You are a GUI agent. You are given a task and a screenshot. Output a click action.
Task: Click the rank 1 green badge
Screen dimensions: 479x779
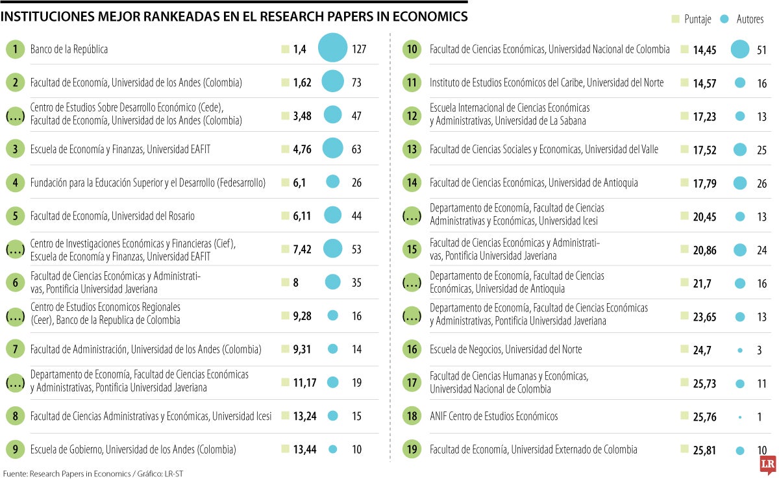tap(15, 49)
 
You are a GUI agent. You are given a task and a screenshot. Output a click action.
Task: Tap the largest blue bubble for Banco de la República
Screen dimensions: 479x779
tap(333, 49)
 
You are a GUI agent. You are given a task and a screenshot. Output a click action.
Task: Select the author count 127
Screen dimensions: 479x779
tap(359, 49)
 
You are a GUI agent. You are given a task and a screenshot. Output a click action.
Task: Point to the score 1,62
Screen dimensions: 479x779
tap(302, 83)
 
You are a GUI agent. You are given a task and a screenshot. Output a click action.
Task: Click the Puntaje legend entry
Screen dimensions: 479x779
tap(692, 19)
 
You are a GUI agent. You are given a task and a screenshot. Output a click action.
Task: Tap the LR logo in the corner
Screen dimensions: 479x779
tap(768, 465)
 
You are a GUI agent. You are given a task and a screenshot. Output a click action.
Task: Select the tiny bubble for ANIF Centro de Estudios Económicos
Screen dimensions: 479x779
tap(739, 417)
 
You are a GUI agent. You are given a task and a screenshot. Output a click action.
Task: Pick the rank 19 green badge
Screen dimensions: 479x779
tap(412, 450)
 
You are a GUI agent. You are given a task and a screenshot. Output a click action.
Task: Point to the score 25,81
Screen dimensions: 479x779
tap(704, 450)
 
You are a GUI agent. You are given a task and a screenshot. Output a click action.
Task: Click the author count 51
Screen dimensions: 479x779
tap(762, 49)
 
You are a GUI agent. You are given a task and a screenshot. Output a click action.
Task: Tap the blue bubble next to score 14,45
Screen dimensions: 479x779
tap(739, 49)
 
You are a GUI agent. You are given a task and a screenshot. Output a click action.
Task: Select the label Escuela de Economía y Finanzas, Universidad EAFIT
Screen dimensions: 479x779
tap(120, 149)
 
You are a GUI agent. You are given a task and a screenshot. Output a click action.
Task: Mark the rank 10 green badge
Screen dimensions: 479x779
tap(412, 49)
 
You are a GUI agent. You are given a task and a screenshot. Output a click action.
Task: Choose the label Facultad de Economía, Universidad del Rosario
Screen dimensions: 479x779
tap(112, 215)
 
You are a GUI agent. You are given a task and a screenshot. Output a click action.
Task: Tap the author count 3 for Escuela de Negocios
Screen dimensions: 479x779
tap(759, 350)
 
